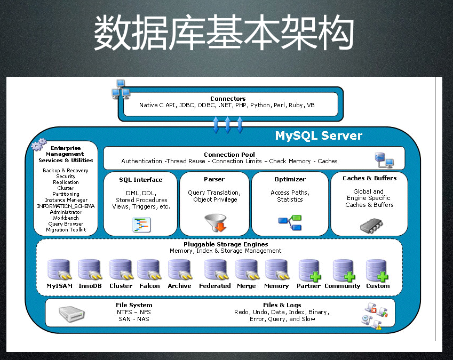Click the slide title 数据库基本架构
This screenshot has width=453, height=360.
point(224,33)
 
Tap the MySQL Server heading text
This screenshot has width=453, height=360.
point(319,136)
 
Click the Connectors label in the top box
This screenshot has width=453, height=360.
point(228,99)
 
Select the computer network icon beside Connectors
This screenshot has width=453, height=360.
point(121,89)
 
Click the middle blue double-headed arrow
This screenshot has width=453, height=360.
point(228,125)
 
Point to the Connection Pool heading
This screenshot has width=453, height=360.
point(229,155)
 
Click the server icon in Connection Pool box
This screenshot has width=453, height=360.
point(384,159)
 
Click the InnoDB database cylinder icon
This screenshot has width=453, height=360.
point(89,270)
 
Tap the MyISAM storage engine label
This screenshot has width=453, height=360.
point(59,286)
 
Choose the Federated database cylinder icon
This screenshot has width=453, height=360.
point(214,270)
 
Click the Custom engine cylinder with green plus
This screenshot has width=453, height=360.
point(377,270)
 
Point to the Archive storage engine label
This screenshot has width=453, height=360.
point(179,286)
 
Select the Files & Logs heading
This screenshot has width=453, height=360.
point(282,306)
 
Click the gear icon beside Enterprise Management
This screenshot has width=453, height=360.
point(38,145)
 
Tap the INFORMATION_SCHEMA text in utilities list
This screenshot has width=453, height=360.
point(66,206)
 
